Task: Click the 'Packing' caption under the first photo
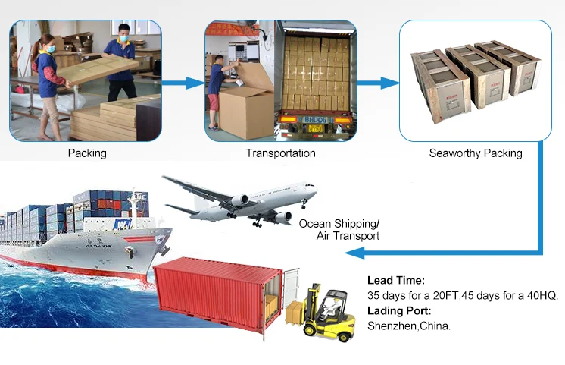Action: click(x=87, y=153)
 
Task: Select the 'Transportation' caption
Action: click(x=281, y=153)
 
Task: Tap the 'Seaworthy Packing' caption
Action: click(x=476, y=153)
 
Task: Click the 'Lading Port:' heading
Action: click(x=399, y=310)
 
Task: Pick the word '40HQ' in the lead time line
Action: click(x=539, y=295)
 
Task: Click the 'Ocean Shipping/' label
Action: click(x=339, y=223)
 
